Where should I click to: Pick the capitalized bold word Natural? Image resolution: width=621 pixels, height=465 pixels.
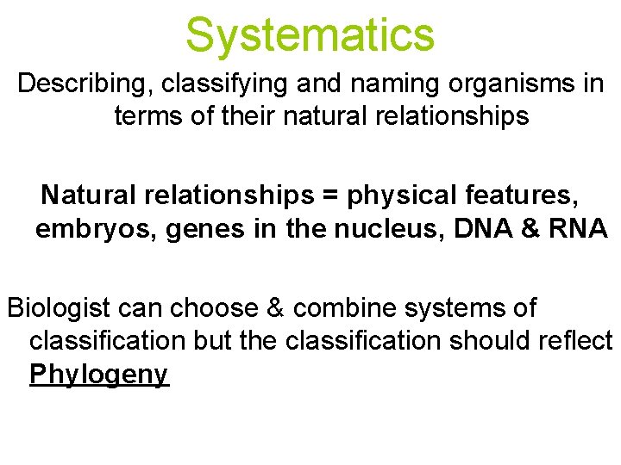[x=90, y=195]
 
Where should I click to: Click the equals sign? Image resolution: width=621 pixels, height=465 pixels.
[x=330, y=195]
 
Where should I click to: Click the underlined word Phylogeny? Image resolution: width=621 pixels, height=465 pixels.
[x=99, y=376]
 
